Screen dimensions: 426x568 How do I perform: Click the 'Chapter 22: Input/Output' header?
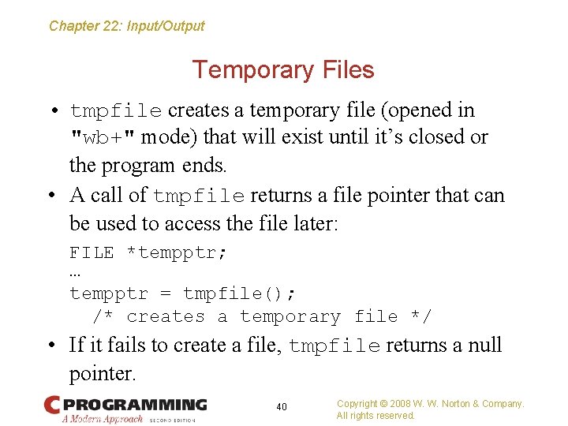pos(126,26)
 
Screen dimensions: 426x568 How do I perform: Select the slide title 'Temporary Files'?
pos(283,70)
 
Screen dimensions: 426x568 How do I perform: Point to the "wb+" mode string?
pos(103,138)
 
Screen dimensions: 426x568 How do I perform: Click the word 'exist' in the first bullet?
pos(305,137)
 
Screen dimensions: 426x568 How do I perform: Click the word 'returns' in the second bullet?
pos(282,196)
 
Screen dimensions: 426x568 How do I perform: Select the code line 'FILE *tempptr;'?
pos(148,253)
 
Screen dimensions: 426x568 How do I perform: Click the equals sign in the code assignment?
pos(165,294)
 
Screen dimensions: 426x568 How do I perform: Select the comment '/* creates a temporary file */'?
pos(262,317)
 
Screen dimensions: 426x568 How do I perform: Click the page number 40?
pos(282,407)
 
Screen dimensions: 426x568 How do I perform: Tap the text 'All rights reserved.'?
pos(376,416)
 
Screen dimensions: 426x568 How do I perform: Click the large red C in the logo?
pos(52,405)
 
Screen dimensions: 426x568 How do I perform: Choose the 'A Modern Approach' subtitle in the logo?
pos(103,419)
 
